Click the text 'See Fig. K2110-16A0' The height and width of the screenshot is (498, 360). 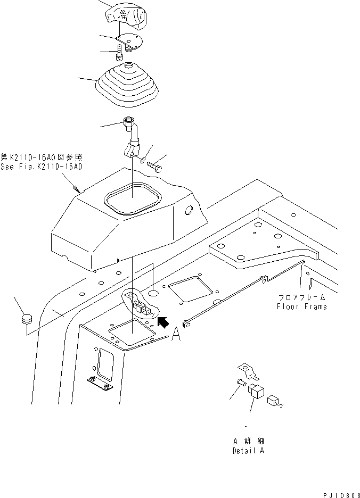click(x=41, y=167)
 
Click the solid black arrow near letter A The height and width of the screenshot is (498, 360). click(x=163, y=322)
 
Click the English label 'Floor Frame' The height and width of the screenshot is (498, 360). click(x=301, y=306)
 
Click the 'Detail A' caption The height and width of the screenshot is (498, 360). click(x=248, y=451)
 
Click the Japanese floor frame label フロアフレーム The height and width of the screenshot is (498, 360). click(x=301, y=298)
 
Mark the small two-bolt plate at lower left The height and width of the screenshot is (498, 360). click(x=100, y=382)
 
